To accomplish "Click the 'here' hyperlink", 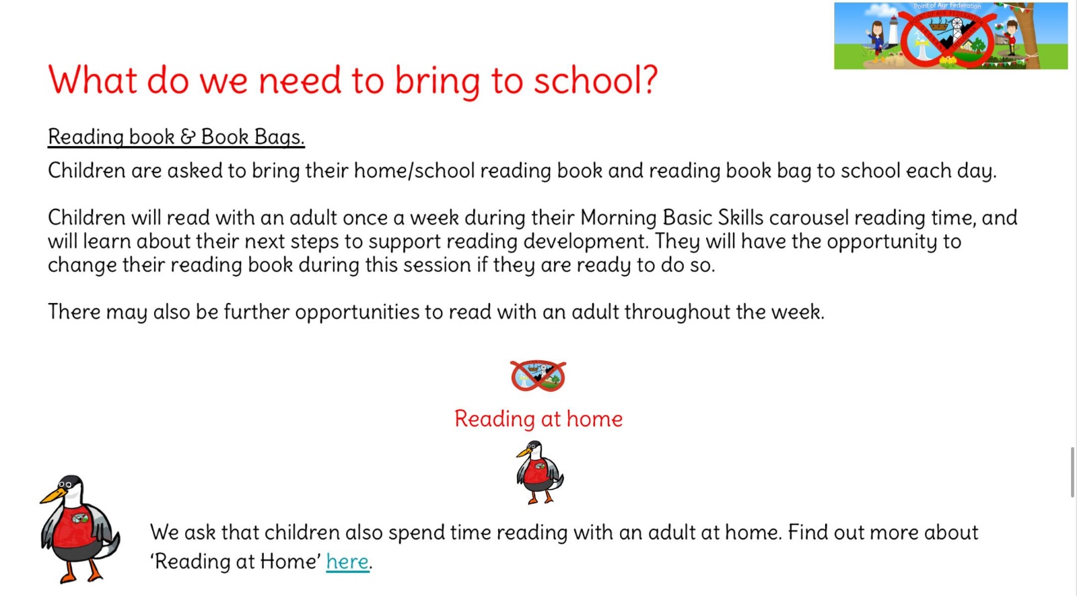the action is click(347, 562).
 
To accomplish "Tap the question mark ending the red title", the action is click(648, 79).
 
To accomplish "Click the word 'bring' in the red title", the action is click(437, 81).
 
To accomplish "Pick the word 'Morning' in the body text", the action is click(619, 218).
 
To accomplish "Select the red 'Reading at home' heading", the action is click(538, 418).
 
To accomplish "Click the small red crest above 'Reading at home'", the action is click(538, 375).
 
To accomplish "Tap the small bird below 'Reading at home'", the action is click(539, 472).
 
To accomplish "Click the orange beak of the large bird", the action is click(53, 497).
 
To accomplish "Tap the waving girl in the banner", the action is click(876, 42).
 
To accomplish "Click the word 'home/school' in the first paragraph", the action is click(415, 171).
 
